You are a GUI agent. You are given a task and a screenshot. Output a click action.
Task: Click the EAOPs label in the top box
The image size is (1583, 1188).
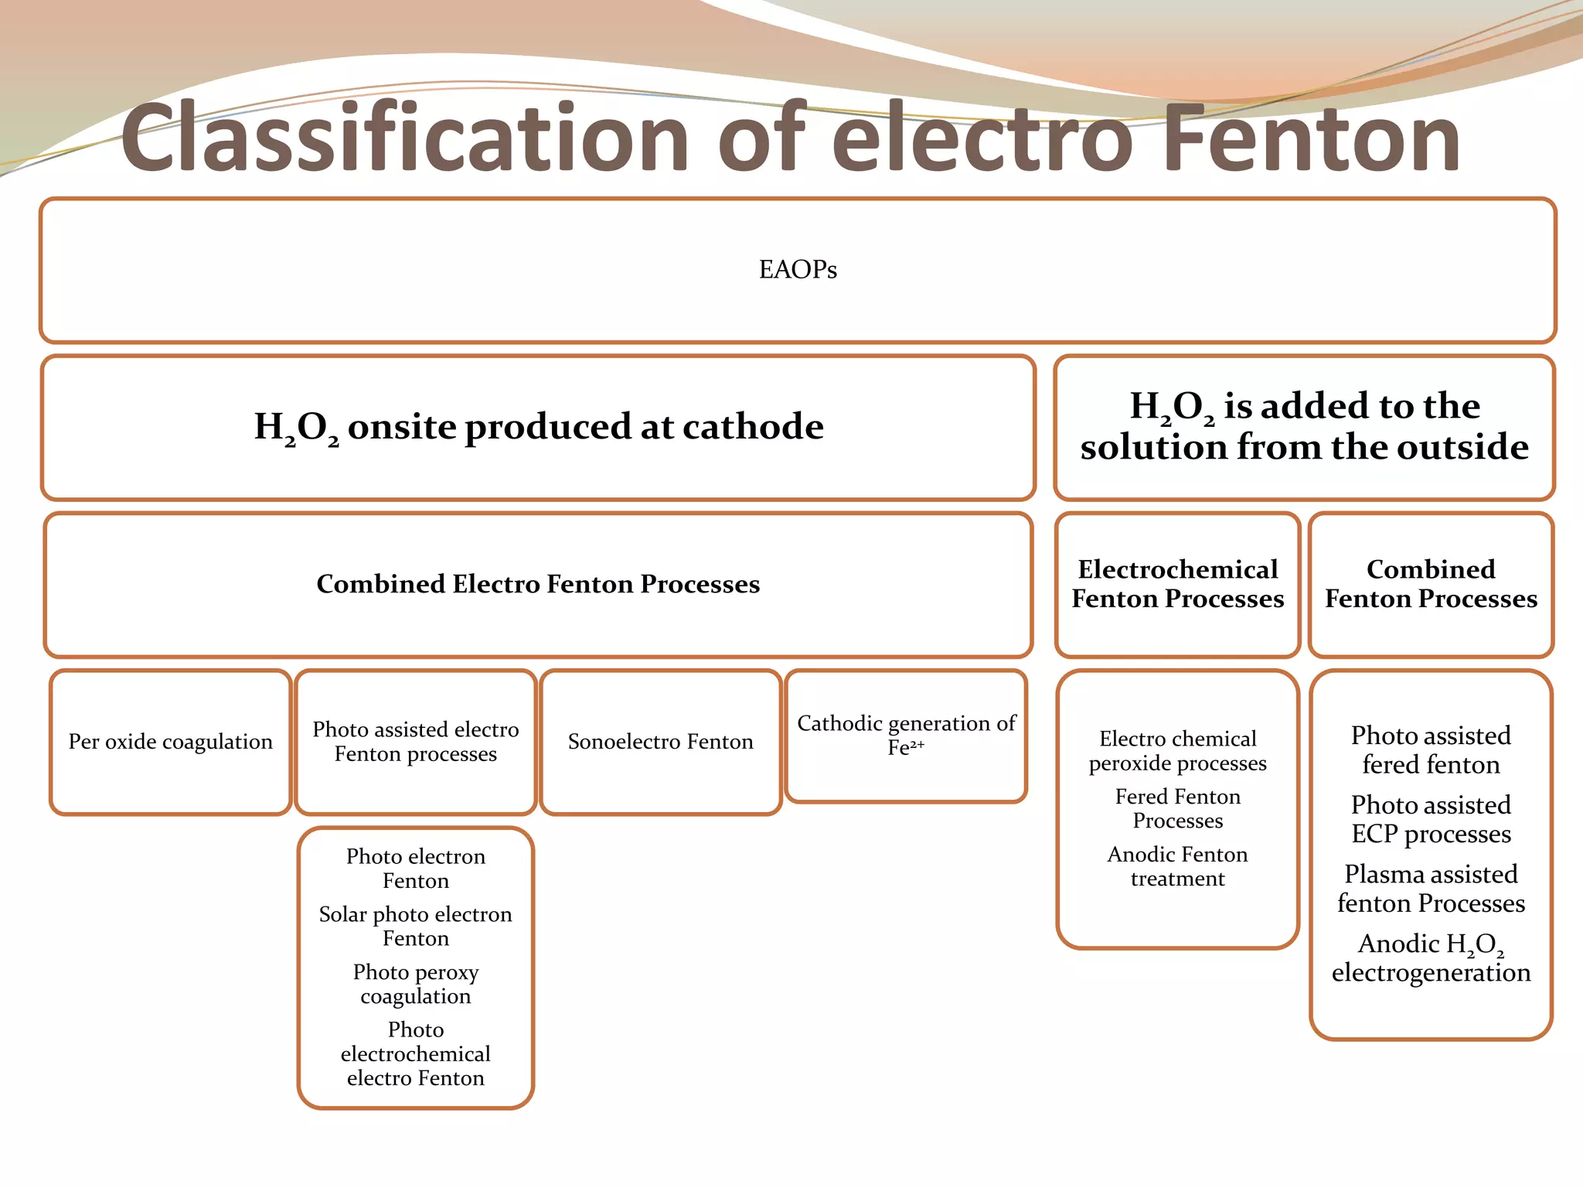(798, 269)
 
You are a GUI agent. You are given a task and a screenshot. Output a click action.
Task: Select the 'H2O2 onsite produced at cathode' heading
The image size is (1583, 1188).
(539, 427)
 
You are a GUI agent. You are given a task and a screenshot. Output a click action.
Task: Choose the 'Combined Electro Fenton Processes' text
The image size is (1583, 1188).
(538, 584)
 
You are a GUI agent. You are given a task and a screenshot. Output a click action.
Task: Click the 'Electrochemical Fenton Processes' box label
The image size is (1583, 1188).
(1177, 584)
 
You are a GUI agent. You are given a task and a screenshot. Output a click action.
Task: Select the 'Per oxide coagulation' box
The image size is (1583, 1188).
(170, 742)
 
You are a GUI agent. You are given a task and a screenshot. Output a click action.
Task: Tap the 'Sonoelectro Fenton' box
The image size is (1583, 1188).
(660, 742)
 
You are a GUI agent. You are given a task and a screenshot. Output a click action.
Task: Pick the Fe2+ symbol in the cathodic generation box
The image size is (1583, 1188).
(906, 747)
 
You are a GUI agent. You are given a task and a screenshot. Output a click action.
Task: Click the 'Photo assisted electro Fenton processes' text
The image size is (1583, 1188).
(415, 742)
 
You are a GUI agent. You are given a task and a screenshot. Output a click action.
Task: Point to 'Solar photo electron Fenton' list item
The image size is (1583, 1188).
(415, 926)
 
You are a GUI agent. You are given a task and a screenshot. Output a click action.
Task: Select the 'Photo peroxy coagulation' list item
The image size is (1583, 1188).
(415, 984)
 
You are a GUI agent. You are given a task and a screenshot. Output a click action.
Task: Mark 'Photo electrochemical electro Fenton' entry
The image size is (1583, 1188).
(415, 1053)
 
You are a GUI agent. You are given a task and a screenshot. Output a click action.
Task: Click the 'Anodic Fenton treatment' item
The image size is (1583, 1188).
(1177, 866)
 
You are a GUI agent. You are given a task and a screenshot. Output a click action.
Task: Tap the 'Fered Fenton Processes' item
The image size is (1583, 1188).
(1177, 808)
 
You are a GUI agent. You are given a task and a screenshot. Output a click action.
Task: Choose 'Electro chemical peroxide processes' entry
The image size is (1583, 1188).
(1177, 750)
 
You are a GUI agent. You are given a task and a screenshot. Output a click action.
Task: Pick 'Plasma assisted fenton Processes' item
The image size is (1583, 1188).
(1431, 889)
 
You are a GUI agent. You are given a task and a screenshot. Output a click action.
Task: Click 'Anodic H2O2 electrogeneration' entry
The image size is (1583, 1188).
(1431, 958)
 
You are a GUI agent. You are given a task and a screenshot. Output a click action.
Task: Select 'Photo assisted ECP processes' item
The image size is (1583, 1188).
(1431, 819)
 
